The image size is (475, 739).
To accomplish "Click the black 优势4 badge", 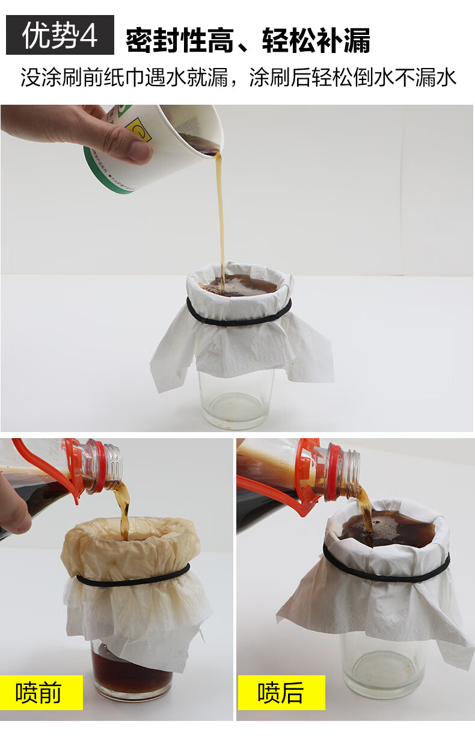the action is pos(60,35).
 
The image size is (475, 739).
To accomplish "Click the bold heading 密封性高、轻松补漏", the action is pos(248,40).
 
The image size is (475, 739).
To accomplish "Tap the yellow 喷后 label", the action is pos(281,692).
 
